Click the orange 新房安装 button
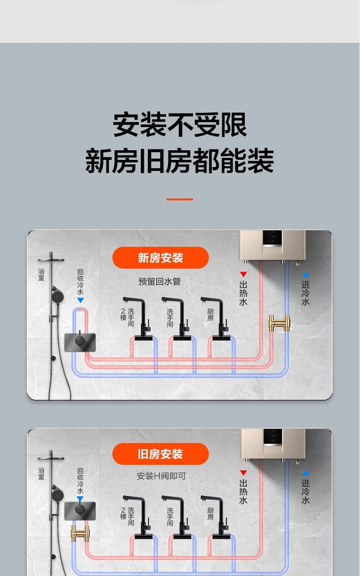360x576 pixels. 160,258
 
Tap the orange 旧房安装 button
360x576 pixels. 160,454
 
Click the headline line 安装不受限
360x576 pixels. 180,125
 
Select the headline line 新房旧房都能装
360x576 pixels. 180,161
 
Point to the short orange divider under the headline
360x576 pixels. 180,199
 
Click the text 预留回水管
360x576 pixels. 159,282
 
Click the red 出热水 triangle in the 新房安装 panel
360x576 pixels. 243,274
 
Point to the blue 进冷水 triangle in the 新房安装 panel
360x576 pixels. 306,274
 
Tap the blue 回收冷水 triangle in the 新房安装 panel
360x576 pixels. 80,300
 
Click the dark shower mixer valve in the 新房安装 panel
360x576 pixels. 80,342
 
